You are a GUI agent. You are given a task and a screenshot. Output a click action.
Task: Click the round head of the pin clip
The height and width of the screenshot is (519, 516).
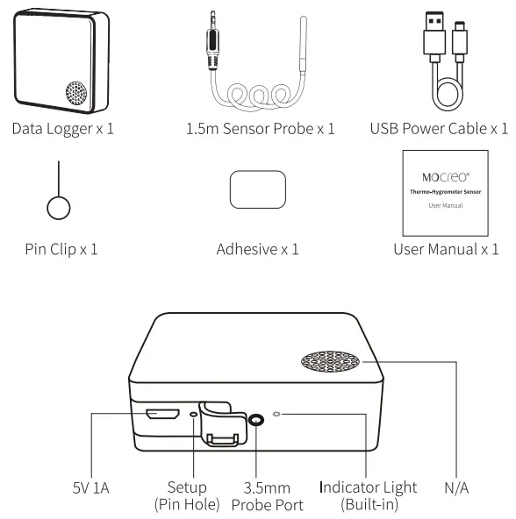pos(58,209)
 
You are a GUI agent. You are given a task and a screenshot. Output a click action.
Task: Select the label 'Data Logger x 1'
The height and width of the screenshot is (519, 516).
pos(62,129)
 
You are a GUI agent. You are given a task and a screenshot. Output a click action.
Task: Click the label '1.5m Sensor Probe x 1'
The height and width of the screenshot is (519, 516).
pos(259,129)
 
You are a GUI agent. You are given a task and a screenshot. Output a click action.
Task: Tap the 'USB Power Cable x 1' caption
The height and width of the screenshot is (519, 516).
pos(439,129)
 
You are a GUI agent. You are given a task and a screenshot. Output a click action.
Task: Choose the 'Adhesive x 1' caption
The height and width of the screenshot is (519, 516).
pos(258,249)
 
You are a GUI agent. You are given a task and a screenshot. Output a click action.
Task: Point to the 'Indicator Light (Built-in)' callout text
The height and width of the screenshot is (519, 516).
pos(369,495)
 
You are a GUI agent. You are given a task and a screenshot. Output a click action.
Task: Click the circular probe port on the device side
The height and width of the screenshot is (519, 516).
pos(255,420)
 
